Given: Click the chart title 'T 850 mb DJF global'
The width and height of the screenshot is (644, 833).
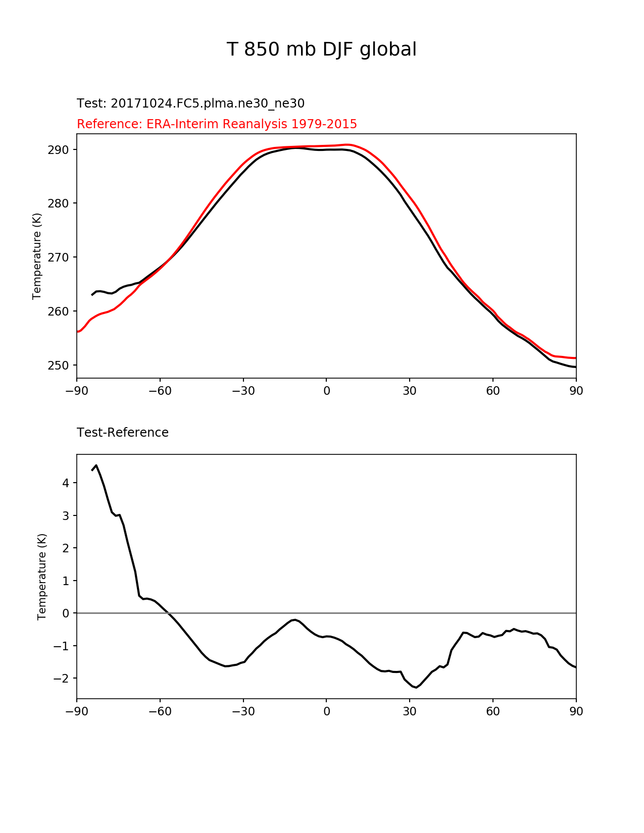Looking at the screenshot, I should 321,49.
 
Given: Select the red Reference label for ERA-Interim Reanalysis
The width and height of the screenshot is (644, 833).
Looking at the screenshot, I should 217,124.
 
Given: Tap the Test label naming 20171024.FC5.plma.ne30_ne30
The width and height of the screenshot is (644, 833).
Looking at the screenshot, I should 190,103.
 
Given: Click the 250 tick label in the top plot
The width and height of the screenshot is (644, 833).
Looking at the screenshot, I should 58,366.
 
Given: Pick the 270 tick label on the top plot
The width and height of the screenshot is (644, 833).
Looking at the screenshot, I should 58,257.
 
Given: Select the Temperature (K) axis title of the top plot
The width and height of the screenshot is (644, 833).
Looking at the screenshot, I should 37,256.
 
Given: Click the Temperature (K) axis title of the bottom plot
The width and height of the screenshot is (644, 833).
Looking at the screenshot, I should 42,577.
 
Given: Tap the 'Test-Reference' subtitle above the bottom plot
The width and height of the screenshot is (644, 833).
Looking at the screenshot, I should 123,433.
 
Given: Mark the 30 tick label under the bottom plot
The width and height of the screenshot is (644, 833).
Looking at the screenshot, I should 410,712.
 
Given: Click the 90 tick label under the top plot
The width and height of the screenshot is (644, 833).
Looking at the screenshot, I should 576,391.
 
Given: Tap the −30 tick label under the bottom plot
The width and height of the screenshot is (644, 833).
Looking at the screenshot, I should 243,712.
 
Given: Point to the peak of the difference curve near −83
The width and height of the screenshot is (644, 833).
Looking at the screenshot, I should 96,465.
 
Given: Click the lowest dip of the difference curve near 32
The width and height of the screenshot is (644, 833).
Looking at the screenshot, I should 415,687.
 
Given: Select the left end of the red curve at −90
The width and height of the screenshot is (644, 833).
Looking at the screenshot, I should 77,332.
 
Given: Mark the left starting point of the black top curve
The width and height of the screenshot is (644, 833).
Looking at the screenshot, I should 92,295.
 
